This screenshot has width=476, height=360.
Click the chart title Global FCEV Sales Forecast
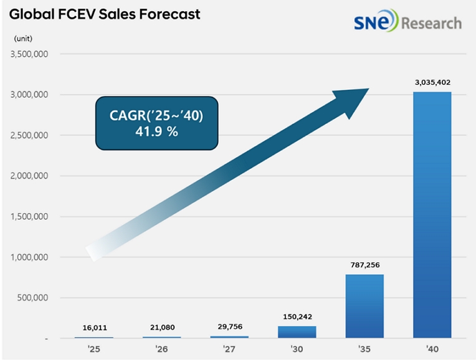[x=104, y=14]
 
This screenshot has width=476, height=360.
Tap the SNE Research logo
[x=407, y=23]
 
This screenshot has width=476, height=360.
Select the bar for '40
[x=431, y=215]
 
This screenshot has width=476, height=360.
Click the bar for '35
[x=364, y=306]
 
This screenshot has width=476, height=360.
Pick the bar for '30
[x=297, y=332]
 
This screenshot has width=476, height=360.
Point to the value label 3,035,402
[x=431, y=82]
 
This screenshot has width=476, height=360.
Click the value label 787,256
[x=364, y=265]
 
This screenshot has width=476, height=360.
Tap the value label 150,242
[x=297, y=316]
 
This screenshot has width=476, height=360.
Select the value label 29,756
[x=229, y=326]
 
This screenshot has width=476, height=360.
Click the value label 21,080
[x=161, y=327]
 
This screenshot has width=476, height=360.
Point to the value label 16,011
[x=94, y=327]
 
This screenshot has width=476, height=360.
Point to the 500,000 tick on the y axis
[x=35, y=298]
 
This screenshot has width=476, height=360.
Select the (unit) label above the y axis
[x=23, y=39]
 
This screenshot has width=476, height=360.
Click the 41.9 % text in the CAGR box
[x=156, y=131]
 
